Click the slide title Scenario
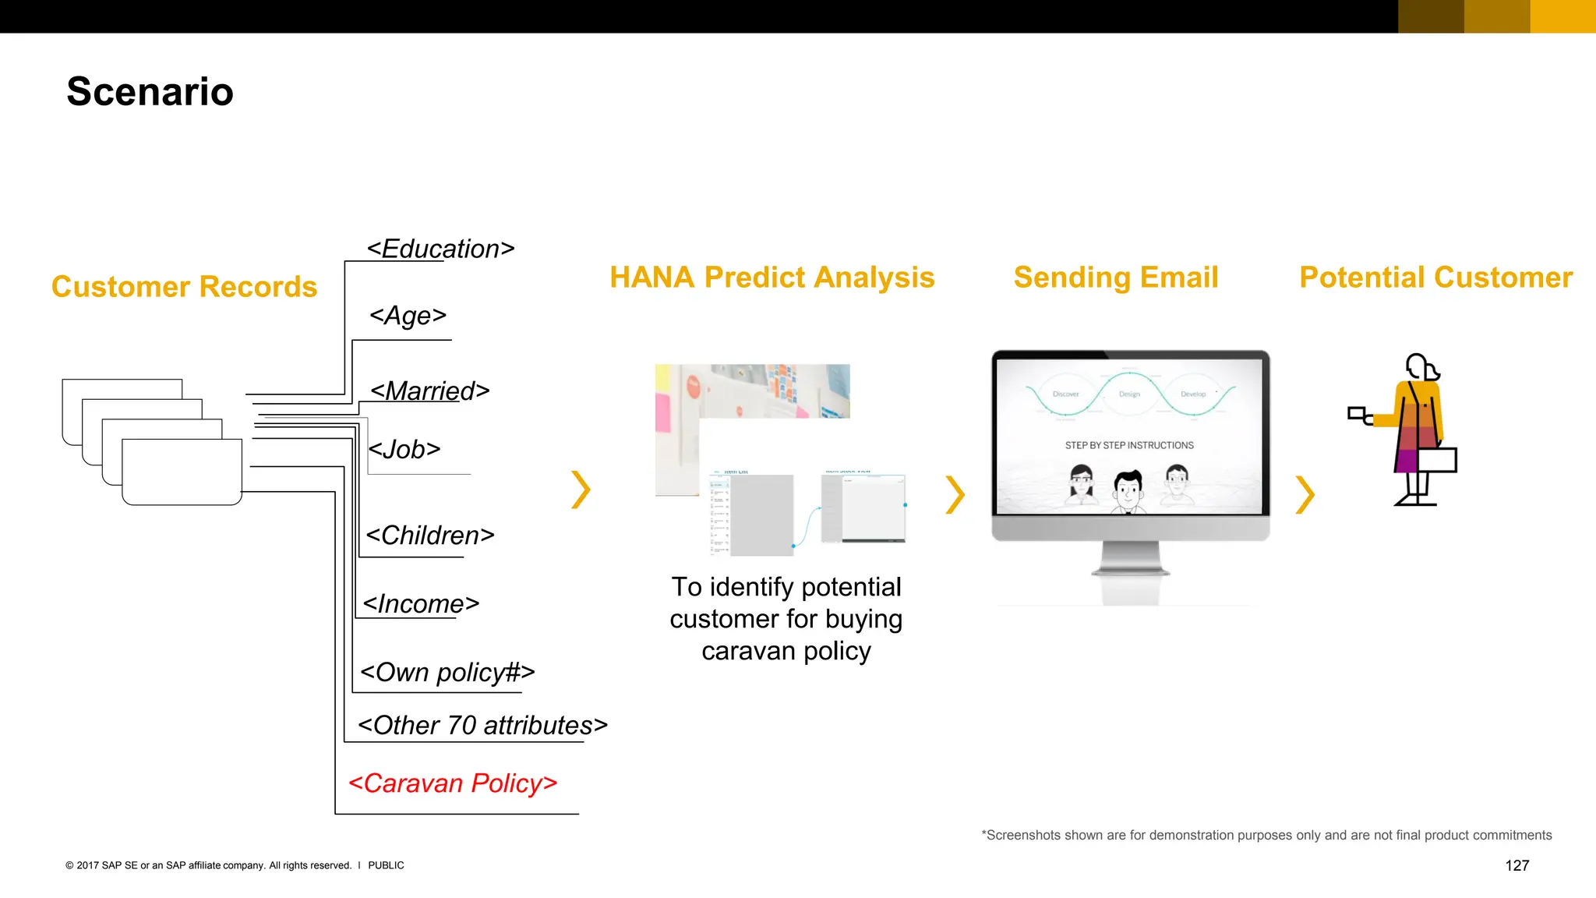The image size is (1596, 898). click(150, 92)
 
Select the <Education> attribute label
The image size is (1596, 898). click(440, 249)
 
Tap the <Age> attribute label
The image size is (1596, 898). click(408, 316)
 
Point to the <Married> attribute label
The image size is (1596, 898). click(429, 391)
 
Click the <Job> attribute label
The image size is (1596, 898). click(404, 449)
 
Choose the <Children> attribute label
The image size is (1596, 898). click(429, 536)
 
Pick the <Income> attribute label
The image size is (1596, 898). click(420, 604)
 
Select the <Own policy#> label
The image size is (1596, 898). click(447, 672)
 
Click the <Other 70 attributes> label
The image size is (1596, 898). click(482, 725)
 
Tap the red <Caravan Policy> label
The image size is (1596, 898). click(453, 783)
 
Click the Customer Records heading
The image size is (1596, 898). click(184, 287)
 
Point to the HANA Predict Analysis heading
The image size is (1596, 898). click(772, 278)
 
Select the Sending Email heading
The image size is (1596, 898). click(1115, 278)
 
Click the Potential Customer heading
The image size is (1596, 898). click(1435, 278)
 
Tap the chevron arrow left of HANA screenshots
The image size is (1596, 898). click(581, 490)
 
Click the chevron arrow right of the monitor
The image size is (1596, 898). click(1305, 494)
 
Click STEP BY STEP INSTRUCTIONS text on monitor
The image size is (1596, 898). click(1129, 445)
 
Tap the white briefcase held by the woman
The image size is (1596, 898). click(1437, 460)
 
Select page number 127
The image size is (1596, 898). click(1517, 865)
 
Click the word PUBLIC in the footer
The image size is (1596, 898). click(386, 865)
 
